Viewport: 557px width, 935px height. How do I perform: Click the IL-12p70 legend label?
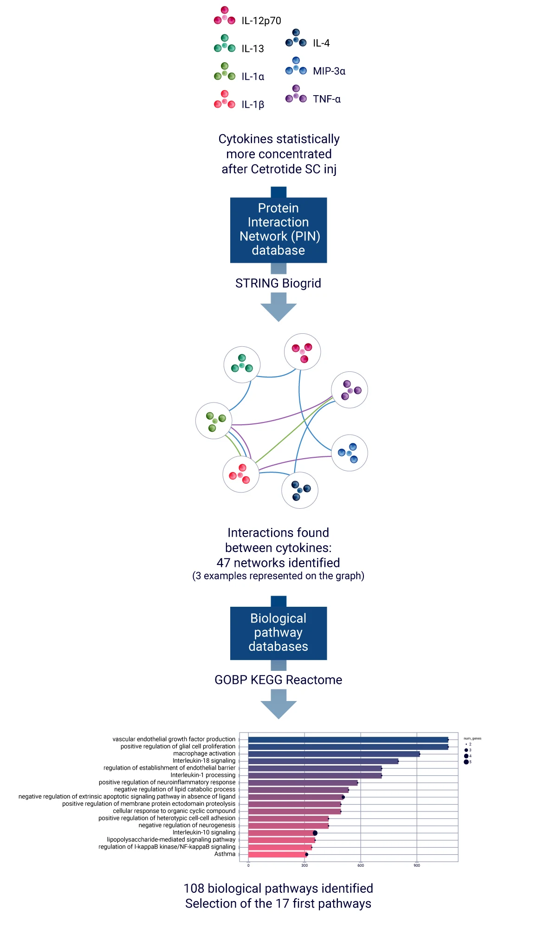tap(261, 21)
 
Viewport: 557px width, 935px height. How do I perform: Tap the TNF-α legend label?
tap(326, 99)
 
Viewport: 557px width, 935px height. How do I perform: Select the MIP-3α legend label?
tap(329, 71)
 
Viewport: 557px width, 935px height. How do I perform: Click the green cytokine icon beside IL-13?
tap(225, 44)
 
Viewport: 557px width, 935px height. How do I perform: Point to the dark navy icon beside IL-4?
tap(296, 39)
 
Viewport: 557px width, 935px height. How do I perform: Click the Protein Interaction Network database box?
tap(278, 230)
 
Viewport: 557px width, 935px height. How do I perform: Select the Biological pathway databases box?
tap(278, 633)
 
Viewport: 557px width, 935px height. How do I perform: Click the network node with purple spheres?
tap(350, 390)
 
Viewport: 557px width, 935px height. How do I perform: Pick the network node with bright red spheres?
tap(240, 474)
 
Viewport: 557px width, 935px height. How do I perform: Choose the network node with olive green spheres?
tap(214, 421)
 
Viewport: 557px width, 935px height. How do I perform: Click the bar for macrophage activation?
tap(334, 754)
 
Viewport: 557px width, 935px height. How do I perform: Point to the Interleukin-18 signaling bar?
tap(323, 761)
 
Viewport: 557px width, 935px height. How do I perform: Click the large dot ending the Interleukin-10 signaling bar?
tap(315, 833)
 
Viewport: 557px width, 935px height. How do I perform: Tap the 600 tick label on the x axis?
tap(361, 865)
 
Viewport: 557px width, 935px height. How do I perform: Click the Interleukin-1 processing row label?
tap(203, 775)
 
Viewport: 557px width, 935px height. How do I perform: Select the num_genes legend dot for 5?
tap(466, 762)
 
